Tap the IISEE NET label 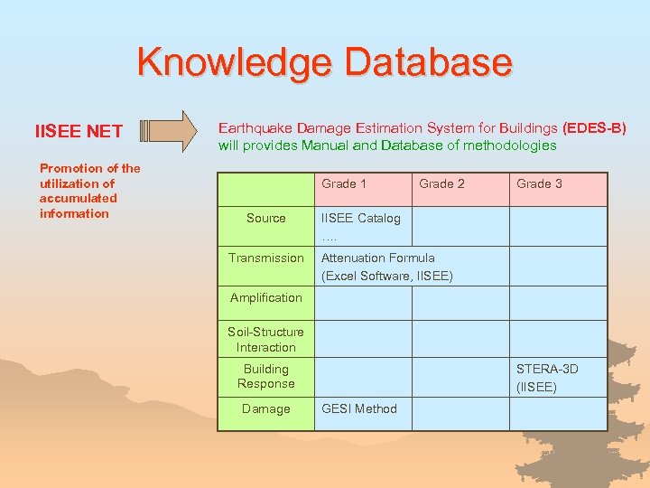(x=79, y=132)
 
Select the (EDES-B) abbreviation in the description (x=594, y=128)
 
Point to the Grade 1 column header (x=344, y=183)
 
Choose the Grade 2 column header (x=441, y=183)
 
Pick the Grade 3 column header (x=539, y=183)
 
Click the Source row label (x=265, y=218)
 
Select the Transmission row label (x=265, y=258)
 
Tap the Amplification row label (x=265, y=297)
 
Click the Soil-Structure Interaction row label (x=265, y=340)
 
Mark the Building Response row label (x=265, y=376)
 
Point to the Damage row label (x=265, y=408)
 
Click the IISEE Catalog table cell (x=361, y=218)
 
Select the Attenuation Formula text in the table (x=377, y=258)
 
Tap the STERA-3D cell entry (x=547, y=369)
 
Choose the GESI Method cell (x=359, y=408)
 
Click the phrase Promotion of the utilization (x=89, y=175)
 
